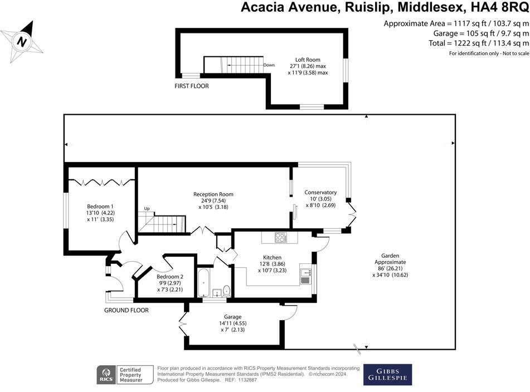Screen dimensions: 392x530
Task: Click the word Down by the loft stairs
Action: pyautogui.click(x=269, y=65)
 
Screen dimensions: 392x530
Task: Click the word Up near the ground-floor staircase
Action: pyautogui.click(x=147, y=209)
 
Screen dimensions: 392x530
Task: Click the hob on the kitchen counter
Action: pyautogui.click(x=280, y=237)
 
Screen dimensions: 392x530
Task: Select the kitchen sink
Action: pyautogui.click(x=305, y=276)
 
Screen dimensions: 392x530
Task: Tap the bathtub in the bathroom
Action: pyautogui.click(x=204, y=285)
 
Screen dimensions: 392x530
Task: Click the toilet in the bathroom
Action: pyautogui.click(x=226, y=290)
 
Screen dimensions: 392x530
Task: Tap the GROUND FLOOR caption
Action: pyautogui.click(x=127, y=310)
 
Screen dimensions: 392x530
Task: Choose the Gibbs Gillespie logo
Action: pyautogui.click(x=387, y=374)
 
